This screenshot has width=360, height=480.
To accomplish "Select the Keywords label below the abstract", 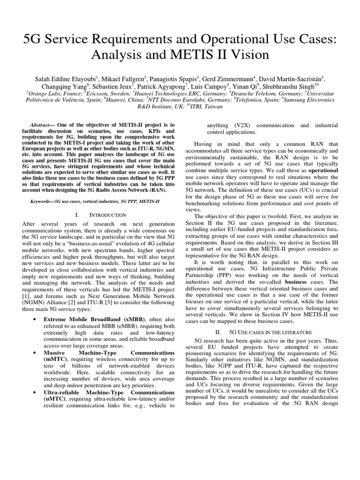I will click(x=41, y=201).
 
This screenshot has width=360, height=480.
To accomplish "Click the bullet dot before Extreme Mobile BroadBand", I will click(x=36, y=319).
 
